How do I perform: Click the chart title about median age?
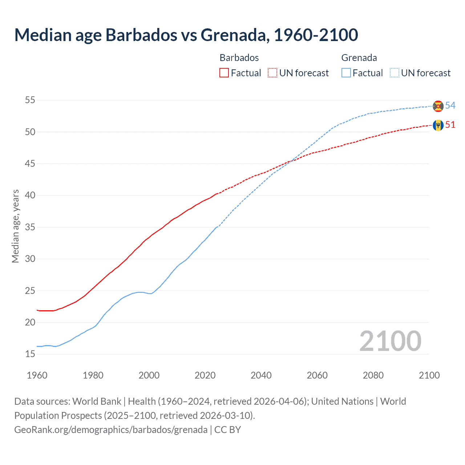coord(186,35)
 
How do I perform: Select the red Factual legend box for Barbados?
coord(224,73)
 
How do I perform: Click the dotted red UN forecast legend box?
coord(272,73)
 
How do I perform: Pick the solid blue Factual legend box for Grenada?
coord(346,73)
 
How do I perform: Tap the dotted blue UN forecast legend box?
coord(395,73)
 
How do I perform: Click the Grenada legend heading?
coord(359,58)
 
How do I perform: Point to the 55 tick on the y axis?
coord(30,100)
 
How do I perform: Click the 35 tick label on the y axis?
coord(30,227)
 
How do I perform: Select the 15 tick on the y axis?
coord(30,354)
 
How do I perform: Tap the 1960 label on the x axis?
coord(37,375)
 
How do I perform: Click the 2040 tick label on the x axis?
coord(261,375)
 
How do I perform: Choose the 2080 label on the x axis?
coord(373,375)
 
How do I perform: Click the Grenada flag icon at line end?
coord(438,106)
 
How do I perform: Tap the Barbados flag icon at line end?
coord(438,125)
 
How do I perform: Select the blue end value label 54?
coord(450,105)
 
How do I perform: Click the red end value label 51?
coord(450,125)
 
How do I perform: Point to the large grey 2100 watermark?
coord(390,341)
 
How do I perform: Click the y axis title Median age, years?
coord(15,226)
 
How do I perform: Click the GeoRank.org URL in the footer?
coord(111,430)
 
